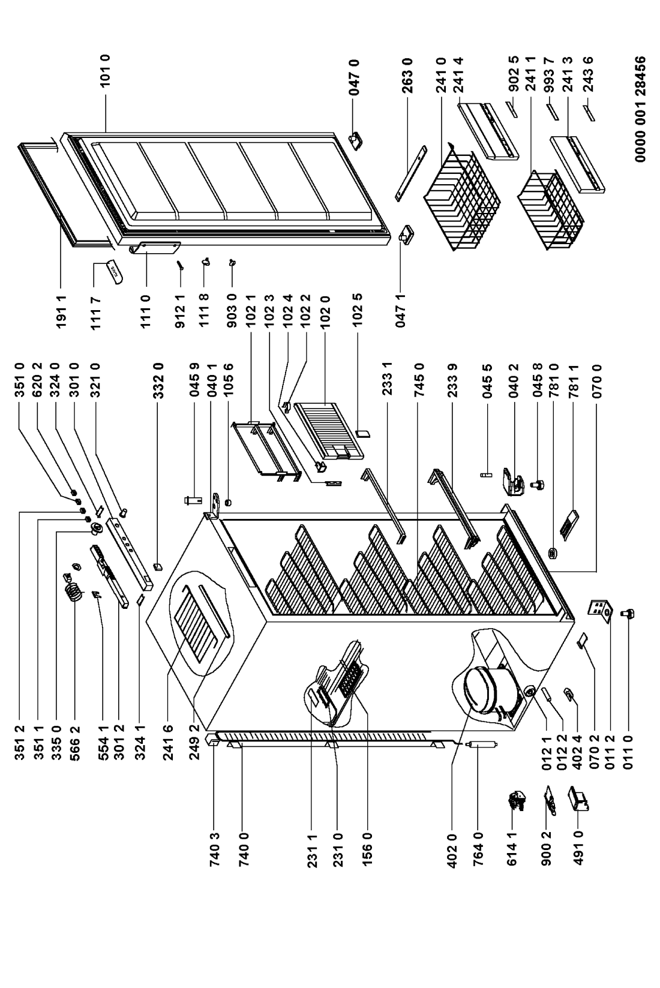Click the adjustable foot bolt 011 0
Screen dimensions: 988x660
click(x=630, y=613)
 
